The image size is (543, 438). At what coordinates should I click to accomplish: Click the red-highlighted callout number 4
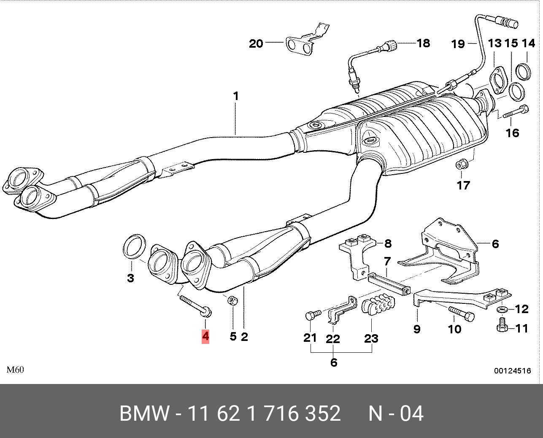[205, 336]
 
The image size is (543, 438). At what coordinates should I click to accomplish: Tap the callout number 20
[256, 43]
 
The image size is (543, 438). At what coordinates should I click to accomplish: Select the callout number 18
[423, 43]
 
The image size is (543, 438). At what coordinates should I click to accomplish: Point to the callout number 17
[463, 185]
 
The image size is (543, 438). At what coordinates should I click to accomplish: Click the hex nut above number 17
[461, 164]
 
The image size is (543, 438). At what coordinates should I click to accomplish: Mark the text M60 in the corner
[15, 370]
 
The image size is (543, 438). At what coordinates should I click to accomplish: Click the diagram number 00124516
[513, 371]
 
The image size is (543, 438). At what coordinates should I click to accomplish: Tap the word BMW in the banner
[144, 414]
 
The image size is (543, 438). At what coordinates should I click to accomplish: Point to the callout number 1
[236, 97]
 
